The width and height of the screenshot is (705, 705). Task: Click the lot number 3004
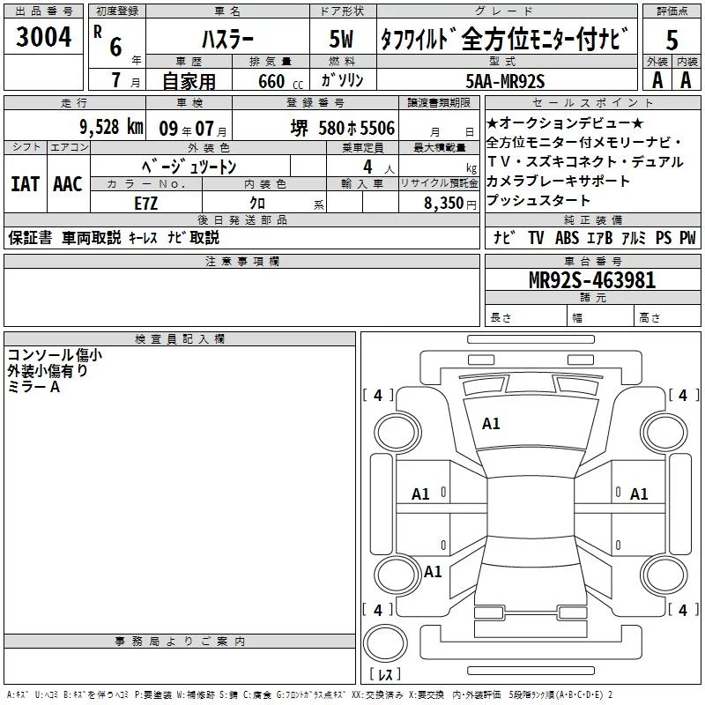43,37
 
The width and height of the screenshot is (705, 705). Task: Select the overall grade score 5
672,40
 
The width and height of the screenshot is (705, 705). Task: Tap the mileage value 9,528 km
111,127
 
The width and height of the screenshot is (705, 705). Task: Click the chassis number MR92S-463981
592,280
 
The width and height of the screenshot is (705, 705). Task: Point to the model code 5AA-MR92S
505,81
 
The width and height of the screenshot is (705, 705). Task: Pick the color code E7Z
145,204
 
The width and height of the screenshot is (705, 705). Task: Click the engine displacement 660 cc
280,81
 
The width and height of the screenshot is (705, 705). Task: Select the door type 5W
341,40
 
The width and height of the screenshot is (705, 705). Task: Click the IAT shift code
25,184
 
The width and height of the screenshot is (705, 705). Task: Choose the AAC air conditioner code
68,184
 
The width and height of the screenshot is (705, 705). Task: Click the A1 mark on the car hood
491,424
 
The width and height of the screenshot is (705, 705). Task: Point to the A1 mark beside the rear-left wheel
433,571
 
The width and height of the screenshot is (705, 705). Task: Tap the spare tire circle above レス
385,643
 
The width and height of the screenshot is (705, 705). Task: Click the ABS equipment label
567,238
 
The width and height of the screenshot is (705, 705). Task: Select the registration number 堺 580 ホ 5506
343,128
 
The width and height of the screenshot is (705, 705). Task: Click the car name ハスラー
227,40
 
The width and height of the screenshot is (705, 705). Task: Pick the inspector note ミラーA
33,387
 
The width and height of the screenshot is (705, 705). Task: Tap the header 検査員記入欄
180,339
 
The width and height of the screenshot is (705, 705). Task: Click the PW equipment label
687,238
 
